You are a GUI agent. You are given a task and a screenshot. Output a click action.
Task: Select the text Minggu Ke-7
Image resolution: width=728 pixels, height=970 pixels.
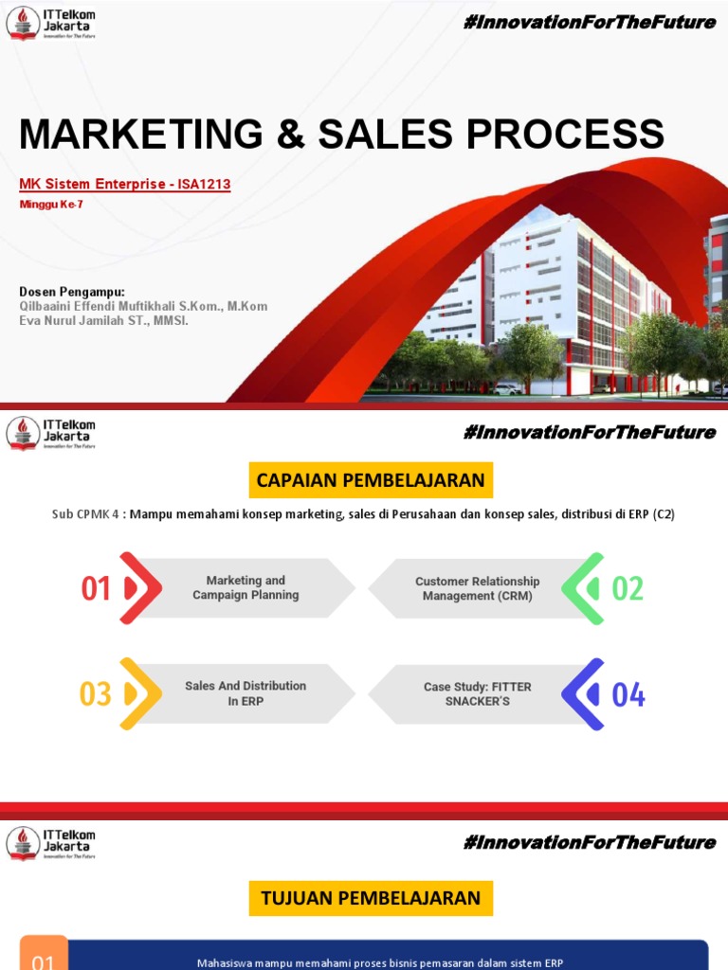(x=51, y=205)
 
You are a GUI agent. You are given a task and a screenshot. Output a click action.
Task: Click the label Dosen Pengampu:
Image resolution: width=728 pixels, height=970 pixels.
(x=72, y=292)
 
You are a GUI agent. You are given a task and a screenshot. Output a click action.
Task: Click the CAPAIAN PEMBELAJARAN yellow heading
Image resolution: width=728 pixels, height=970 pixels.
(x=371, y=480)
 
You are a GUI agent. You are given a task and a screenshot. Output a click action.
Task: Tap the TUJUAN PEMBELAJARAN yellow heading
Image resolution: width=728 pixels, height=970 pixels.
(x=371, y=897)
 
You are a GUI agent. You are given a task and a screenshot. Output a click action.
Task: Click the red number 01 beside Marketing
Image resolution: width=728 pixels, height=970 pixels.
(x=97, y=589)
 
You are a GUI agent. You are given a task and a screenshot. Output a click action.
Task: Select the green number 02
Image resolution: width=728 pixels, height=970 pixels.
(x=628, y=588)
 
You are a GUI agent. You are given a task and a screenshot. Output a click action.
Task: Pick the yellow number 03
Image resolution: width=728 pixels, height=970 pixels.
(x=96, y=694)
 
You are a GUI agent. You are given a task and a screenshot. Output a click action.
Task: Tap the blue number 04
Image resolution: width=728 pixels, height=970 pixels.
(x=628, y=694)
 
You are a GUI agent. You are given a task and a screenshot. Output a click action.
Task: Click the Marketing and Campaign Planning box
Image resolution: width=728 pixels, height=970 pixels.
(x=246, y=588)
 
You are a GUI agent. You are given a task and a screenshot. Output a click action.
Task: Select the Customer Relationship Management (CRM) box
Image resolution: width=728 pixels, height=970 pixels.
(x=477, y=588)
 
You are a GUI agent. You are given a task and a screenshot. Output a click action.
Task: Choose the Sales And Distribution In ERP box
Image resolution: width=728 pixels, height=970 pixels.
(x=246, y=693)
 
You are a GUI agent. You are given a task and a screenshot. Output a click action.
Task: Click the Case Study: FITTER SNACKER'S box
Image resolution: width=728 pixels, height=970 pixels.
(x=477, y=693)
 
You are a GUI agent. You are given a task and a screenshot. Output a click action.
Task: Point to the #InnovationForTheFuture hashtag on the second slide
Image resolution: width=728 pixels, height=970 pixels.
(x=589, y=433)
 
